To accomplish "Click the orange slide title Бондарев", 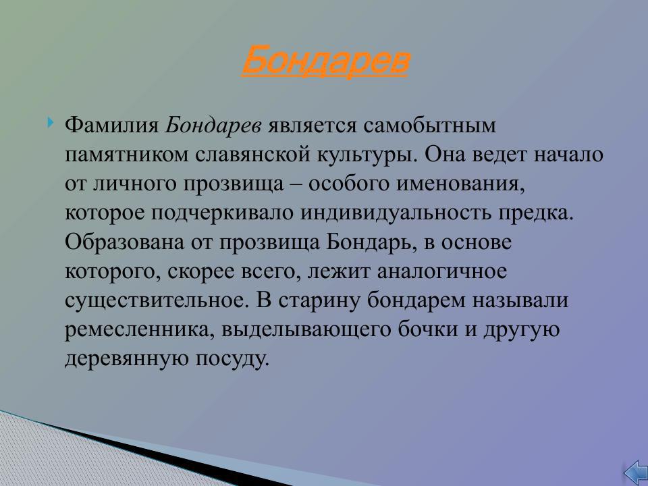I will pos(325,61).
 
